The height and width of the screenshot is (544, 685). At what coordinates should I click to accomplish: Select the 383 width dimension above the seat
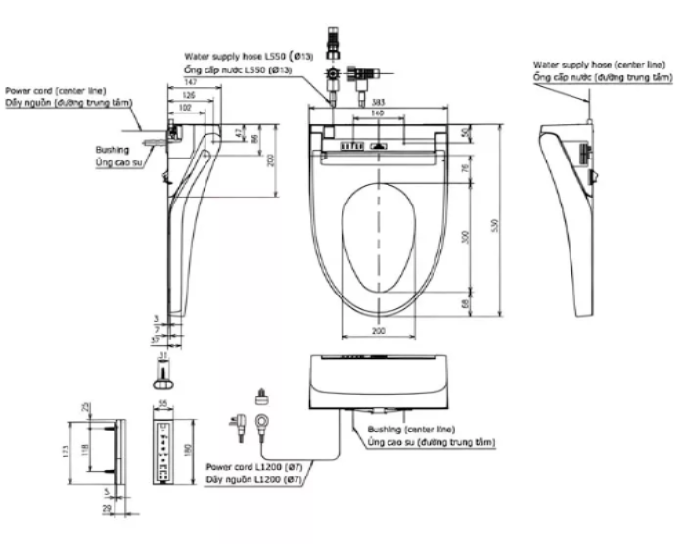[377, 102]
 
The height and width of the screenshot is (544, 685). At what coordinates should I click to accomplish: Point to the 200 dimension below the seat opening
[378, 333]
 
